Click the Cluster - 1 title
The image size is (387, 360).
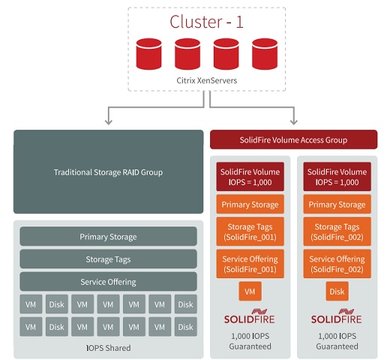pos(206,22)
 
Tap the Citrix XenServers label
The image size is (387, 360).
pos(207,80)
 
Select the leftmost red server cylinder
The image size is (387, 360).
pos(148,54)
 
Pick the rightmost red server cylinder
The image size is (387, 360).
pos(265,54)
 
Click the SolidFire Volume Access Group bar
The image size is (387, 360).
pos(294,139)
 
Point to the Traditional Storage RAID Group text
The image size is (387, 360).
pos(108,172)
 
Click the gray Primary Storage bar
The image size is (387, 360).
pos(108,236)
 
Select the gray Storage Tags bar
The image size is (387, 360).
pos(108,259)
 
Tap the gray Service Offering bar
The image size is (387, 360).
pos(108,282)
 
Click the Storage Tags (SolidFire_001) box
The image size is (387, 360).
pos(250,232)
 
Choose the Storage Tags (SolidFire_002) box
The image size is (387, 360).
pos(337,232)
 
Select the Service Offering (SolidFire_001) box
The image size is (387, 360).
pos(250,264)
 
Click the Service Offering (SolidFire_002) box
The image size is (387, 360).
pos(337,264)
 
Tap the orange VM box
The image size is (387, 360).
pos(250,291)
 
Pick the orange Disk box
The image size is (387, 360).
pos(337,291)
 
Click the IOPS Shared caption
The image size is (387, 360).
pos(108,348)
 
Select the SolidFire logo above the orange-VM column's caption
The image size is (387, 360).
pos(250,316)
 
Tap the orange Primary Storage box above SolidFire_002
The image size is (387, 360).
pos(337,204)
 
